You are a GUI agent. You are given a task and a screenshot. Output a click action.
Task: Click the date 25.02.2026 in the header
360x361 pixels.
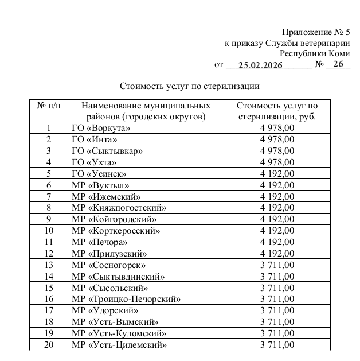click(x=260, y=65)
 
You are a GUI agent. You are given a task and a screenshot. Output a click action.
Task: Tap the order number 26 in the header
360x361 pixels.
click(x=338, y=65)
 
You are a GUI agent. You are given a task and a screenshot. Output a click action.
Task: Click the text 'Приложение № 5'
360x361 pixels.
click(x=315, y=32)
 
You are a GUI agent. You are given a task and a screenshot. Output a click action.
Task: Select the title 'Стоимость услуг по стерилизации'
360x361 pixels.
click(x=190, y=87)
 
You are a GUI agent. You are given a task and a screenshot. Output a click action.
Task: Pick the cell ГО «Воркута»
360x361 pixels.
click(x=101, y=128)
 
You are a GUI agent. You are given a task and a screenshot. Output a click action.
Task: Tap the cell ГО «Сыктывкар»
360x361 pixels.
click(x=107, y=150)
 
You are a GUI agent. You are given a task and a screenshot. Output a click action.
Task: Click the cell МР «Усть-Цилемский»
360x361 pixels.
click(x=120, y=344)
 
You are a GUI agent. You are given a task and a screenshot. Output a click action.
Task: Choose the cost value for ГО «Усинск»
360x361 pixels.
click(x=277, y=173)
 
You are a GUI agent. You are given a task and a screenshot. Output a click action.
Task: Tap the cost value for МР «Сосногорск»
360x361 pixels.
click(x=277, y=265)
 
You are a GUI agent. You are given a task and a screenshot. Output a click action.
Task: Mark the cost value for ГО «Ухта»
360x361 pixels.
click(x=277, y=162)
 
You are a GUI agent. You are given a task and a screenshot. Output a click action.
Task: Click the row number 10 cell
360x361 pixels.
click(x=49, y=231)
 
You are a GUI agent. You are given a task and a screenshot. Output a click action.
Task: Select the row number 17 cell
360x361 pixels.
click(x=49, y=310)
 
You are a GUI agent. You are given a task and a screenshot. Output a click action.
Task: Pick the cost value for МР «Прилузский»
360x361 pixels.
click(x=277, y=253)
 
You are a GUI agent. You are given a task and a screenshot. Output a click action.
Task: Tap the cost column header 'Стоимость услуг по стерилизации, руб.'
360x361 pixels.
click(x=277, y=111)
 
